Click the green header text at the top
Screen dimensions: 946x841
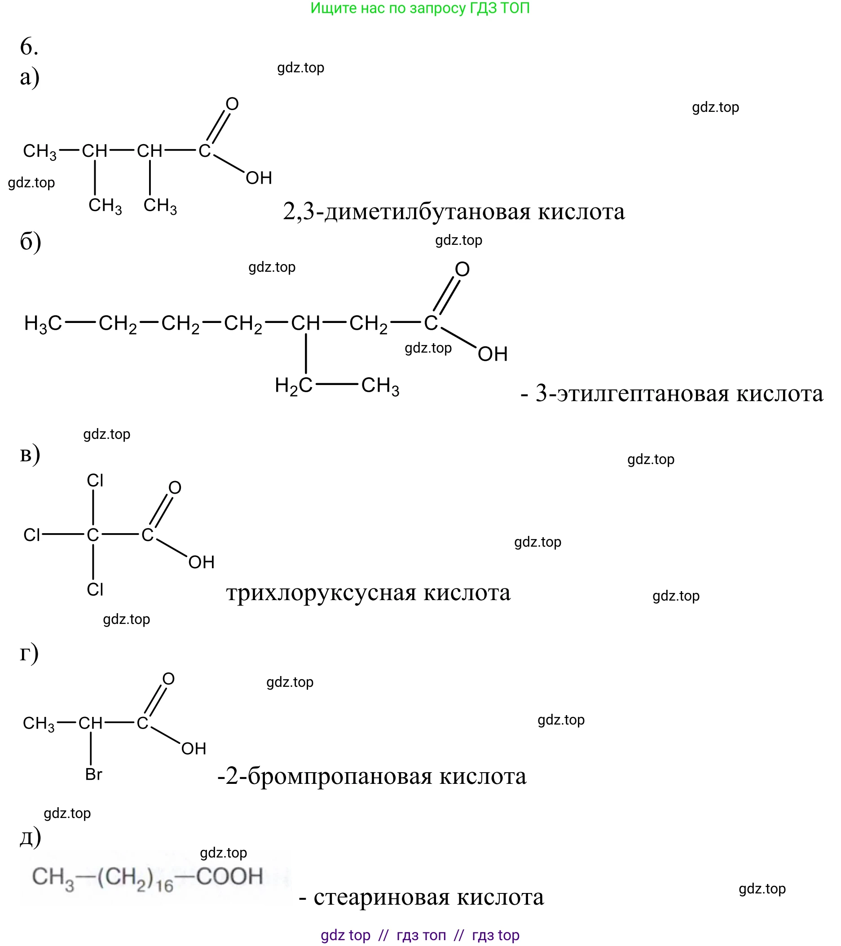(x=419, y=9)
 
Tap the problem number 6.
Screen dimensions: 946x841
(x=29, y=47)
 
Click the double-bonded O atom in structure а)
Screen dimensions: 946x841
(x=232, y=104)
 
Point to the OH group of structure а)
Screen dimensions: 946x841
(x=259, y=178)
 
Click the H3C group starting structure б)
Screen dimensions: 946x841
(x=43, y=323)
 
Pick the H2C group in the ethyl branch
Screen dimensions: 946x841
(x=293, y=385)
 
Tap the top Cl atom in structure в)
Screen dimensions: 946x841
(x=95, y=480)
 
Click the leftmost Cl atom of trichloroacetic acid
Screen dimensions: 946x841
(x=32, y=535)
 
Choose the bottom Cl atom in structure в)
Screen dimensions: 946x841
(x=95, y=590)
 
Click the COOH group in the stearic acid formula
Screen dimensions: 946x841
(x=229, y=876)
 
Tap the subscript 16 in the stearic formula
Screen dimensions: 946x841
(x=164, y=886)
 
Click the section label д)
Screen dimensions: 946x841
(x=30, y=837)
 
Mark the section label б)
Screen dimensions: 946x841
(x=30, y=242)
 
